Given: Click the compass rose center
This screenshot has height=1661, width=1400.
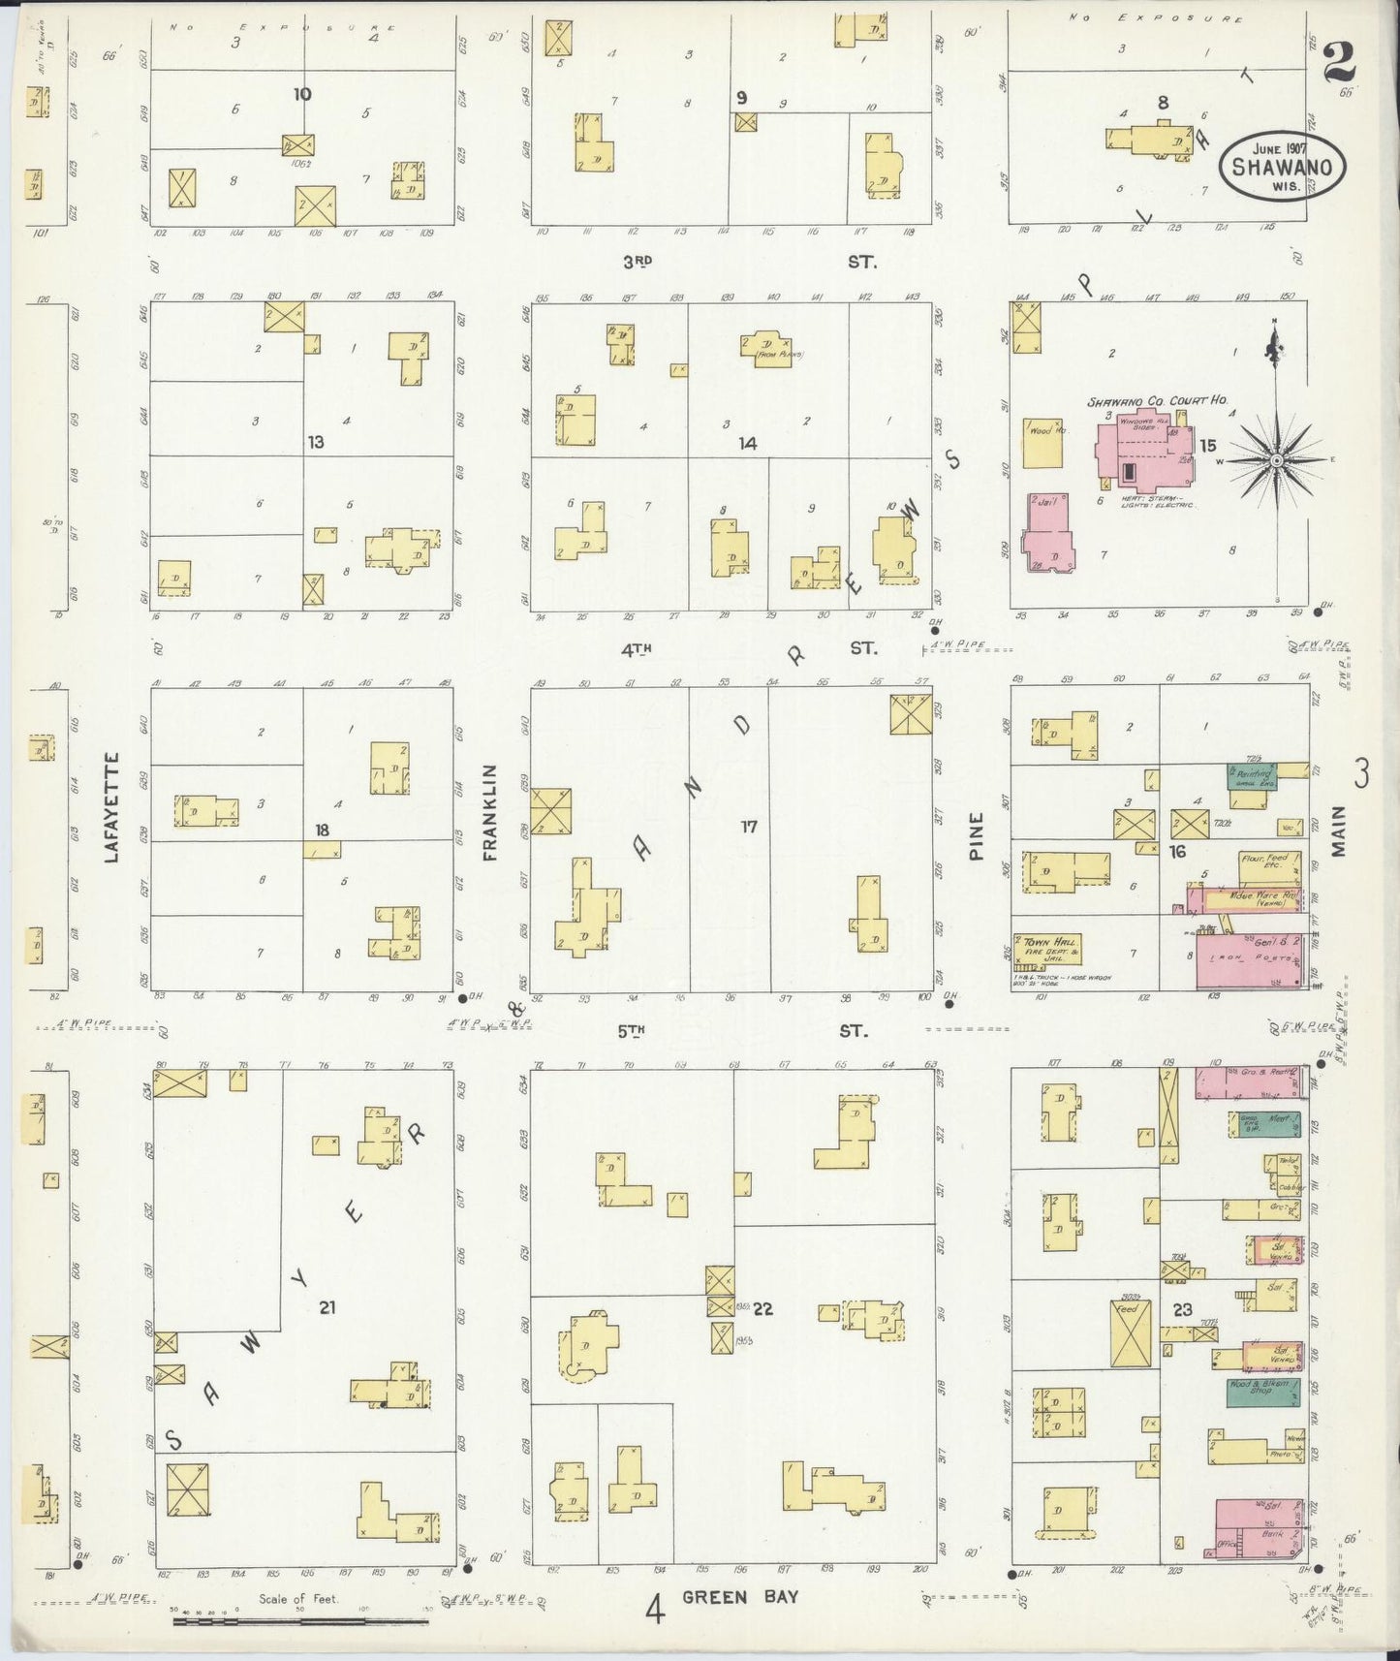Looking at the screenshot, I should coord(1276,459).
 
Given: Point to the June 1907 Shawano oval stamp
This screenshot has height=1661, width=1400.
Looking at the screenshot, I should coord(1282,165).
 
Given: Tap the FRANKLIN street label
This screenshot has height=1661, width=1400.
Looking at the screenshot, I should coord(490,812).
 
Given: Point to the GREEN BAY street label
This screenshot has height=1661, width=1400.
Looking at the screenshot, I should coord(740,1596).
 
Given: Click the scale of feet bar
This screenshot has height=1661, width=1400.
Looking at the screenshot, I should coord(300,1619).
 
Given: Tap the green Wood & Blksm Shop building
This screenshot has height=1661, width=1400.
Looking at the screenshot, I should coord(1261,1392).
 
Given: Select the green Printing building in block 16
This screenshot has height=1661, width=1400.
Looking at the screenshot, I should coord(1252,776).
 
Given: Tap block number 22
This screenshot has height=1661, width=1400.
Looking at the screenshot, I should coord(762,1309).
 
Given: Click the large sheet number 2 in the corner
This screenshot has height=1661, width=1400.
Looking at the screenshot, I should coord(1338,64).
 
